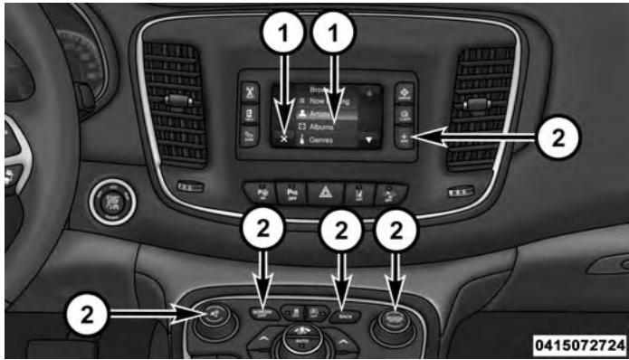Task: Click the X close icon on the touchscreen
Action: pos(284,139)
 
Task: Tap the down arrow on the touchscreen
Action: pos(369,140)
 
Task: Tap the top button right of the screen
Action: pos(403,91)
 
